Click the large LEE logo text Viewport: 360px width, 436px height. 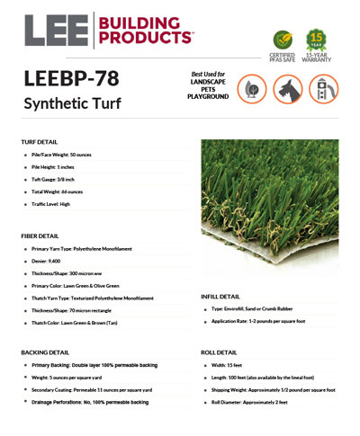point(56,30)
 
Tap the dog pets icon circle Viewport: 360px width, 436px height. point(288,89)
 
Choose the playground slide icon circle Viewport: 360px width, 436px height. point(323,89)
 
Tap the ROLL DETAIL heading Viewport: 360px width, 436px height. point(217,353)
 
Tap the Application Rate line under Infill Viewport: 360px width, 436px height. point(258,321)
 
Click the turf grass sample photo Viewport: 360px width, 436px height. point(271,211)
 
